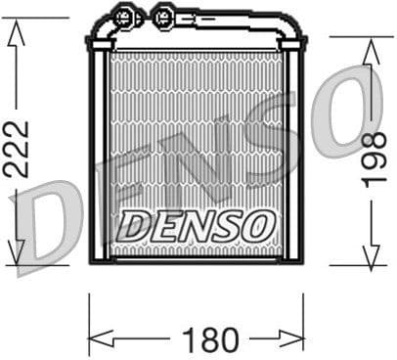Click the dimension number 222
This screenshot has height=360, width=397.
pyautogui.click(x=17, y=149)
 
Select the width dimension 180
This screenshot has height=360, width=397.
pyautogui.click(x=211, y=340)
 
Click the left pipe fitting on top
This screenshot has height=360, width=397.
pyautogui.click(x=123, y=17)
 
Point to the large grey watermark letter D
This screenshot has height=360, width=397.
pyautogui.click(x=49, y=229)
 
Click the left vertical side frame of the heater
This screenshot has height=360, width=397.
pyautogui.click(x=98, y=157)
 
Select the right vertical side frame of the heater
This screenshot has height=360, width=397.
pyautogui.click(x=294, y=157)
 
